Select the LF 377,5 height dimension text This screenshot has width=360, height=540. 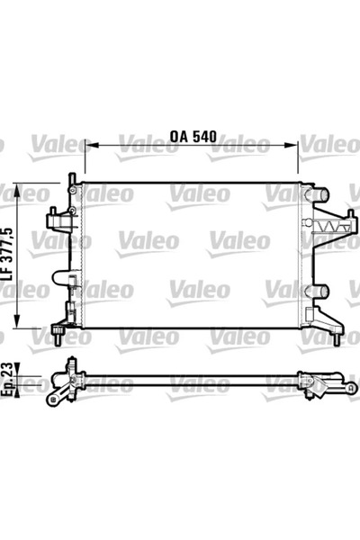8,257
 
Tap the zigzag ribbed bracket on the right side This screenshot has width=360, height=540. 327,225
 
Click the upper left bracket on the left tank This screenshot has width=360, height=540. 56,219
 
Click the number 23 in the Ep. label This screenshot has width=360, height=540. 8,371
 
